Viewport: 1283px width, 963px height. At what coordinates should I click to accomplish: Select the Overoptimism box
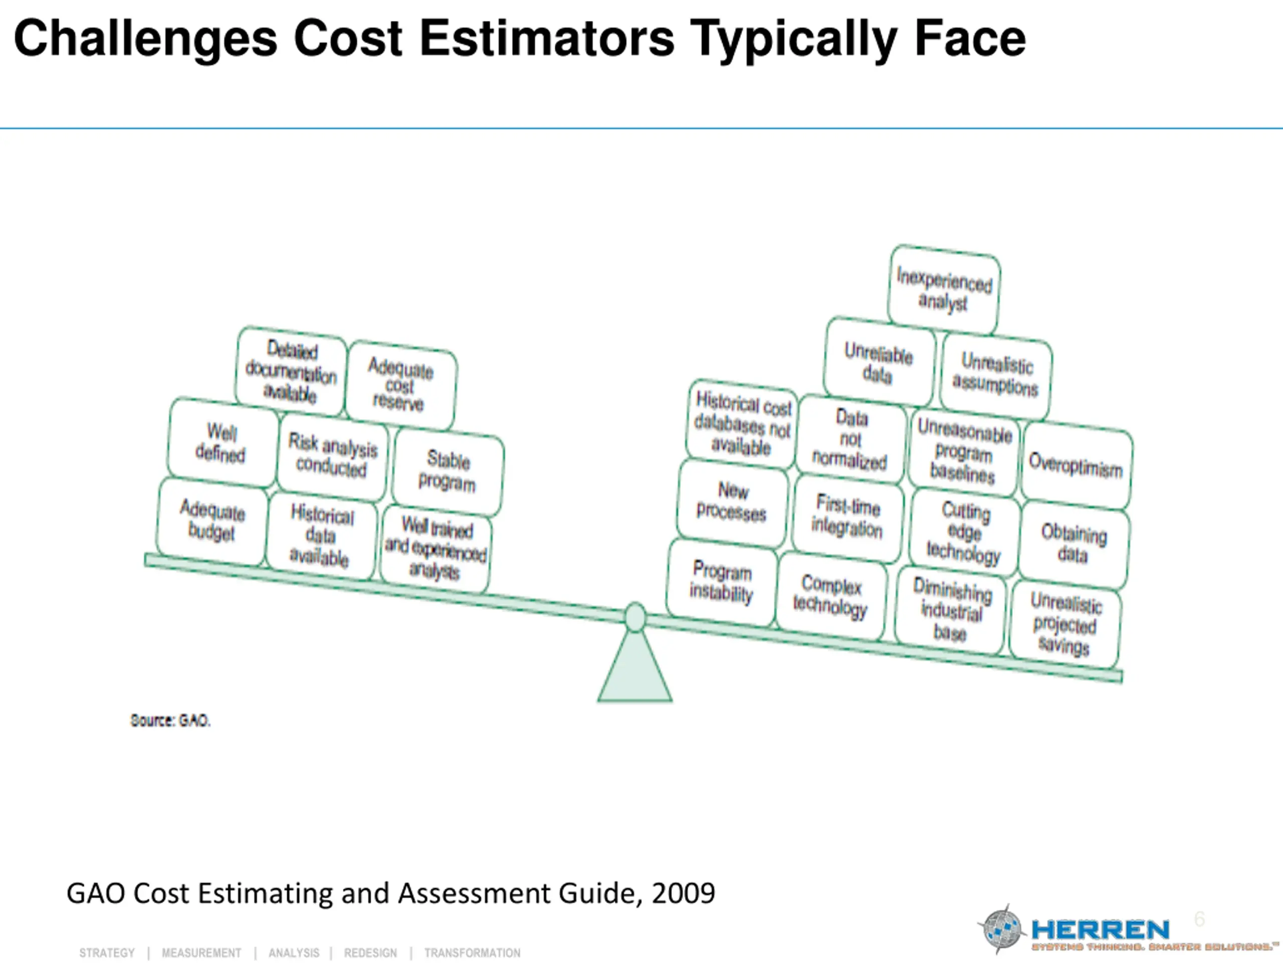pos(1076,465)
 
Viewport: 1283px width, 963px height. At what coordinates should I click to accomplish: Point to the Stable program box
pos(447,471)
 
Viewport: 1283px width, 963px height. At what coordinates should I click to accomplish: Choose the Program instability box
pos(722,582)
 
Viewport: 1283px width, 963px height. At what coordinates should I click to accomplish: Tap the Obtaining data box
pos(1074,544)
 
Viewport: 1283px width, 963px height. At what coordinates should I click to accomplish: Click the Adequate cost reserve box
pos(400,385)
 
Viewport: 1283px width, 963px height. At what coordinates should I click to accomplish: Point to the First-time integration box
pos(847,516)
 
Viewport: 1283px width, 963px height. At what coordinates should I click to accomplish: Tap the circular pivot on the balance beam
pos(635,617)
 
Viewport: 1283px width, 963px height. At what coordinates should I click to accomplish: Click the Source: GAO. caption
pos(170,720)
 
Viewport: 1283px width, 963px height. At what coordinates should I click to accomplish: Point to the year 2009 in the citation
pos(683,893)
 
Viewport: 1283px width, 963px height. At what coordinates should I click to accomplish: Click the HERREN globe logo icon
pos(1002,929)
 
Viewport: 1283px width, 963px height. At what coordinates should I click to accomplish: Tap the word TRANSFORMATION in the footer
pos(472,952)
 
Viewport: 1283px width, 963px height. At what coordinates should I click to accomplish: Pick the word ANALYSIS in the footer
pos(294,952)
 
